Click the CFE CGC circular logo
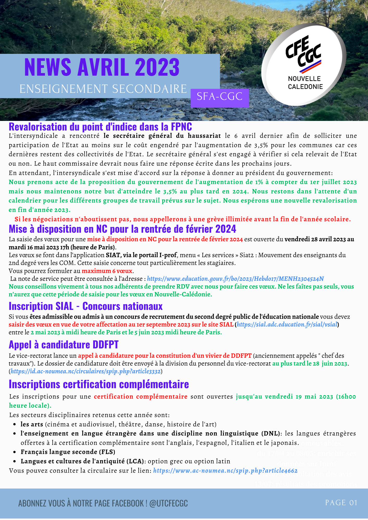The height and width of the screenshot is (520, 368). (x=304, y=65)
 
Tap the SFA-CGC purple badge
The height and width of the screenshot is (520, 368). (x=220, y=97)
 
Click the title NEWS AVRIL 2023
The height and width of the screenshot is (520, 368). (x=102, y=67)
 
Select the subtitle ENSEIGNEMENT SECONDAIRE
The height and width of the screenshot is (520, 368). (x=103, y=89)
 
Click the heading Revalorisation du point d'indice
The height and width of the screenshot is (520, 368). (x=100, y=127)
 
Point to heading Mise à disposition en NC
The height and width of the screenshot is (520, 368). (x=122, y=229)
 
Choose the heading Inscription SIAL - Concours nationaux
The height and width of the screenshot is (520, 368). (x=86, y=306)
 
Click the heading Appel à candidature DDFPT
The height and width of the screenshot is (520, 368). (x=64, y=345)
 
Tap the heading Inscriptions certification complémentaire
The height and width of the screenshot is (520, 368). (x=99, y=384)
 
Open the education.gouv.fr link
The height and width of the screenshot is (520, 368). (x=235, y=279)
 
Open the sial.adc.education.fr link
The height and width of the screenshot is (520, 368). (x=287, y=324)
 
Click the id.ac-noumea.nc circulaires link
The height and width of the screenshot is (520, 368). (x=86, y=371)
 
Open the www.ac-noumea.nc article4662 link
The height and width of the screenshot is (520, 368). (x=225, y=471)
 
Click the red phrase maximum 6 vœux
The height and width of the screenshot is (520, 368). (x=107, y=271)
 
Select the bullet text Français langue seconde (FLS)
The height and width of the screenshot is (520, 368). (x=68, y=452)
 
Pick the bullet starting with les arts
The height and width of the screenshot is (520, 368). (x=118, y=424)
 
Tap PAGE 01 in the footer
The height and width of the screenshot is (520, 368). (x=341, y=503)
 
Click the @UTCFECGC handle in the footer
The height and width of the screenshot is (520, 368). (x=169, y=503)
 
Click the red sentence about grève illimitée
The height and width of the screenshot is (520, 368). (x=183, y=219)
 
